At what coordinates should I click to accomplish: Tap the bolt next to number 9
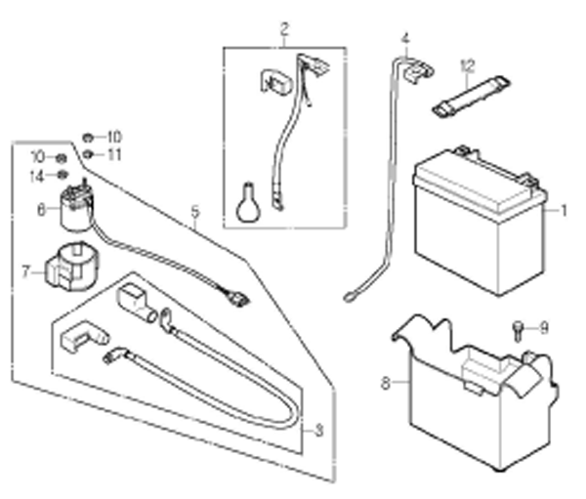(518, 331)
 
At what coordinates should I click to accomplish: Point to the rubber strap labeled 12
(472, 96)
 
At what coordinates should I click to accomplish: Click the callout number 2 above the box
(284, 29)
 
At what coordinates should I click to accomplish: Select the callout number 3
(318, 431)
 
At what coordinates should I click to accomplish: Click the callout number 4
(405, 39)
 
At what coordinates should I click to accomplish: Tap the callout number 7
(25, 272)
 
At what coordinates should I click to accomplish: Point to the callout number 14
(37, 177)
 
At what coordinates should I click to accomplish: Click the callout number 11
(114, 154)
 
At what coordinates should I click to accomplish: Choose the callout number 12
(468, 66)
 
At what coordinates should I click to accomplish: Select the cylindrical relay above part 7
(76, 206)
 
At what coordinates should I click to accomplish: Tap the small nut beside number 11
(88, 153)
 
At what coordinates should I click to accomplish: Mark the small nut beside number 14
(63, 175)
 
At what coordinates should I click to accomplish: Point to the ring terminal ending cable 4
(349, 298)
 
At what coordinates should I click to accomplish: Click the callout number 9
(544, 328)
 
